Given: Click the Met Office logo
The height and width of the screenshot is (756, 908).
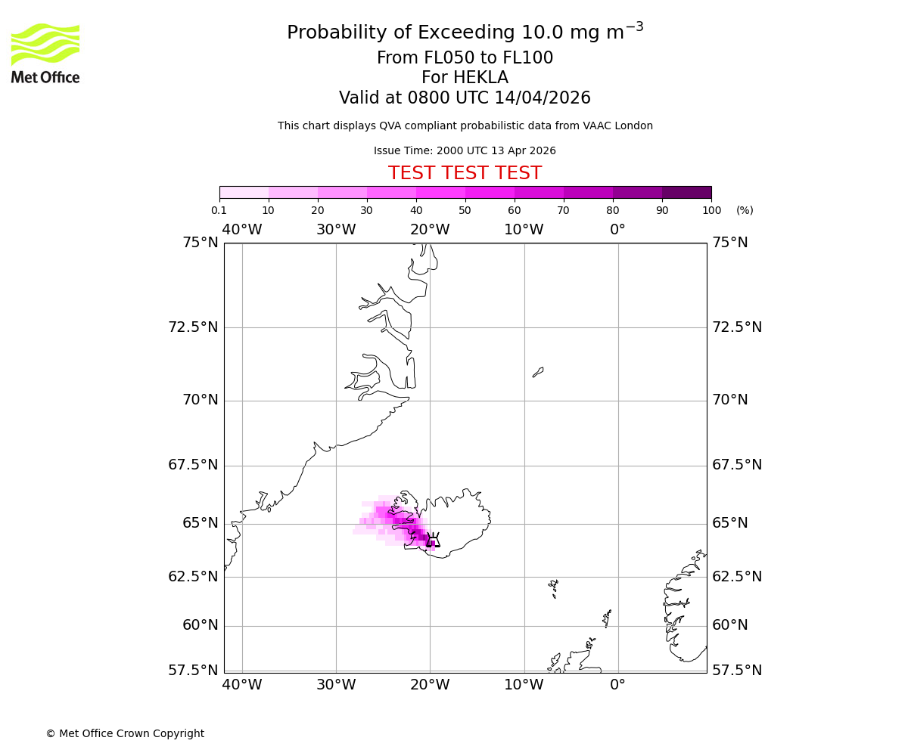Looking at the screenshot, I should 45,53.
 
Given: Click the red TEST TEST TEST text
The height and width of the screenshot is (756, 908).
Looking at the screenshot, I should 465,174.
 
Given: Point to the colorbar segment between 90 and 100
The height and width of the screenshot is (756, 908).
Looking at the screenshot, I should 686,192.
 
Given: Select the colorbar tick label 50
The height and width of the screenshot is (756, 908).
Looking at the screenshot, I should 465,210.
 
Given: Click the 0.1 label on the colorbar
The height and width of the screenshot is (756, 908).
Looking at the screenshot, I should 219,210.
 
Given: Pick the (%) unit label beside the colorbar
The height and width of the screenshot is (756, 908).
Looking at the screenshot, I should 745,210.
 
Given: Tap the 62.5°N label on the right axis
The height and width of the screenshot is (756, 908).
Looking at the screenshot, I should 737,577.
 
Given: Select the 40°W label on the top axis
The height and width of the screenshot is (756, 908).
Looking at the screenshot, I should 242,230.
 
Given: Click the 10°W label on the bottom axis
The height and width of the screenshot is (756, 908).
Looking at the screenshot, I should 524,685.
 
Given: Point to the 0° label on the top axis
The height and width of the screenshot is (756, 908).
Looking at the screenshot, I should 618,230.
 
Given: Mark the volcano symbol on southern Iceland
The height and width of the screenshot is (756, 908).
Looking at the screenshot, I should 433,540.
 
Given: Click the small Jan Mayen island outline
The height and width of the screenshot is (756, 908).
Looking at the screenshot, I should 538,372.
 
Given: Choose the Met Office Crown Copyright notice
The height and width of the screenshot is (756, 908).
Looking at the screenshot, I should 125,733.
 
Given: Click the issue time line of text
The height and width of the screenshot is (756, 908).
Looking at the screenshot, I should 465,151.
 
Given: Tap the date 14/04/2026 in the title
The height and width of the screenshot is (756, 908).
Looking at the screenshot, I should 543,98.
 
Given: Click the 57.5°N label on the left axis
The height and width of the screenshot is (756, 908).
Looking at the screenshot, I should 194,671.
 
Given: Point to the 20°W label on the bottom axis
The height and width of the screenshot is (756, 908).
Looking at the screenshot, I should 430,685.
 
